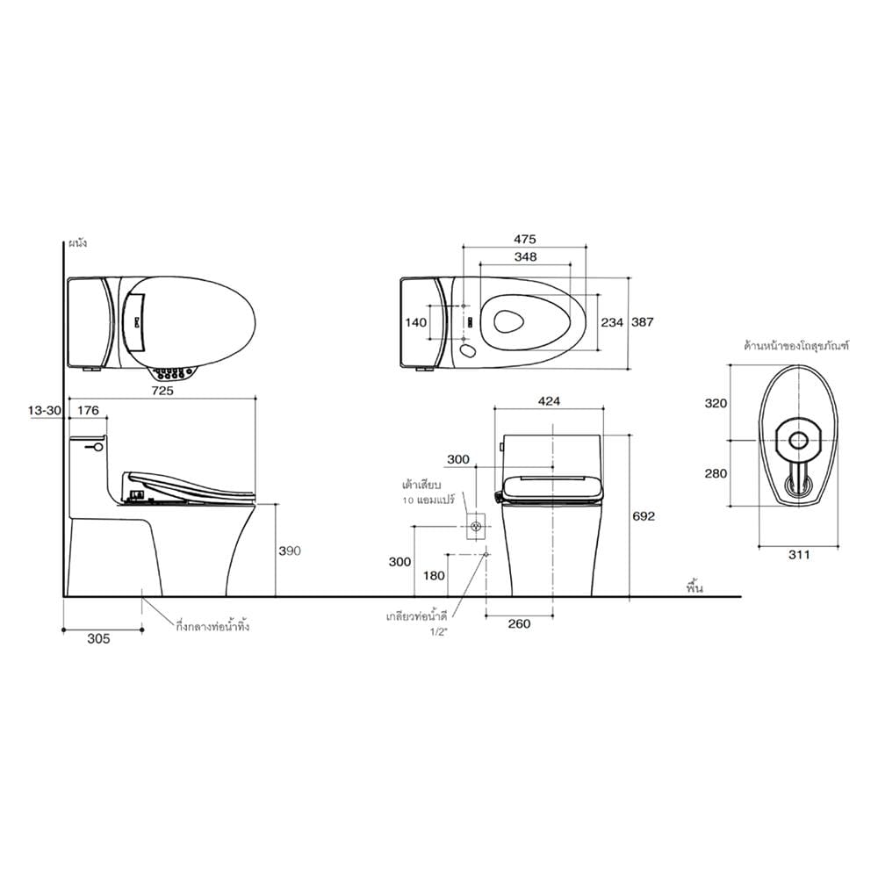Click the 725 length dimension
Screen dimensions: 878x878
pos(163,391)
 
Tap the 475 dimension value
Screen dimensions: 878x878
pos(525,239)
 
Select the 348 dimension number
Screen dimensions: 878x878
pos(525,256)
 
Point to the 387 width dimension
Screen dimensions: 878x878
pos(643,322)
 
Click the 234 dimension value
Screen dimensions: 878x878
pos(612,322)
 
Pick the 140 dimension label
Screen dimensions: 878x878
pos(415,322)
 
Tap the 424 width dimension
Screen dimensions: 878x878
pos(549,401)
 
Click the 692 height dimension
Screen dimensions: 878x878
pos(644,516)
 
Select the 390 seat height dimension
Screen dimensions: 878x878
pos(290,551)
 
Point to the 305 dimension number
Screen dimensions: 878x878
pos(98,639)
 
